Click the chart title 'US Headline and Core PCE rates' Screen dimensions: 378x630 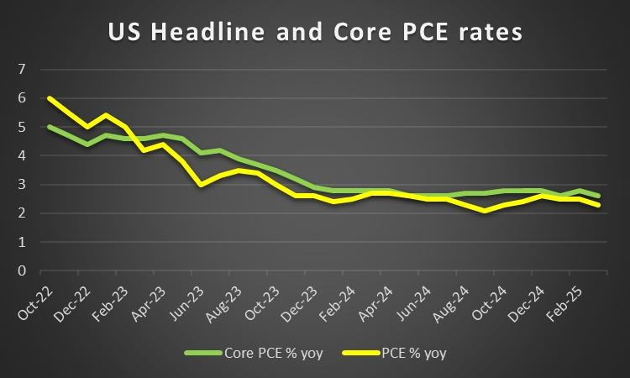(x=315, y=33)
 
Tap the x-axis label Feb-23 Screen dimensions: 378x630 (x=104, y=301)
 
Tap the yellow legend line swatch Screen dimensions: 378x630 (x=366, y=354)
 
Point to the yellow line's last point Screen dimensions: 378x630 (x=598, y=205)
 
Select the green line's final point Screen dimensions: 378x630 (x=598, y=197)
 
